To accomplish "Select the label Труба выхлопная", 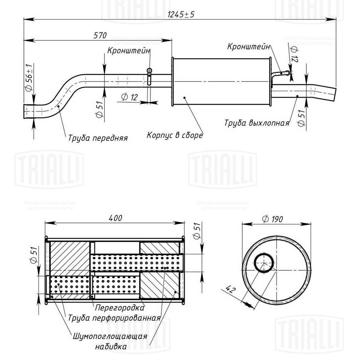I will pos(257,123).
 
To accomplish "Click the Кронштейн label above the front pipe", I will pos(128,51).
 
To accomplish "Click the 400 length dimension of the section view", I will pos(114,218).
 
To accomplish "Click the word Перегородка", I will pos(120,308).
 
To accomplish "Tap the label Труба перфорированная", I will pos(114,318).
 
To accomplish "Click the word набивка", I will pos(111,347).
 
